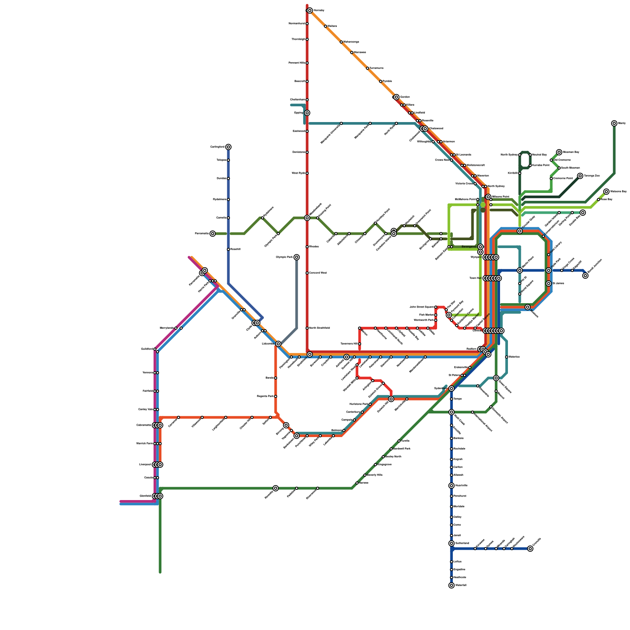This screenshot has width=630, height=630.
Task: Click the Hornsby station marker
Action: (310, 11)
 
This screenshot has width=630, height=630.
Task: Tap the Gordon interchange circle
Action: (396, 97)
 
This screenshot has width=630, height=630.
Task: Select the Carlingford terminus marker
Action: (228, 147)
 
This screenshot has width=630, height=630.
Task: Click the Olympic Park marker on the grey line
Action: (296, 258)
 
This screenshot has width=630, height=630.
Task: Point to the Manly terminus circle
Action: (614, 124)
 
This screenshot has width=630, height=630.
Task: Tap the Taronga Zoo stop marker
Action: (580, 176)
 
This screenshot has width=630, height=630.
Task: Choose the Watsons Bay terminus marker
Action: (606, 192)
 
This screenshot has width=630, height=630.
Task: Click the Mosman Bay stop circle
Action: (559, 152)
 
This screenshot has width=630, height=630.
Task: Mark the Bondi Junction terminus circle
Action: (586, 276)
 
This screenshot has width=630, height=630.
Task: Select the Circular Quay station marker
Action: (520, 231)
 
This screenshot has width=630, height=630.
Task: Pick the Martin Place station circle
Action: (520, 271)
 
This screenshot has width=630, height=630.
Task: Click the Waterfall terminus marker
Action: (452, 586)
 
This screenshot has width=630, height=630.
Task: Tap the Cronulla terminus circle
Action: (530, 549)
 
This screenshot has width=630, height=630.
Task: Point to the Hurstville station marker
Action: (452, 486)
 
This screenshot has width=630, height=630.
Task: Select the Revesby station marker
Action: (276, 488)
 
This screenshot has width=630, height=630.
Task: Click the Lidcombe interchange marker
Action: (278, 344)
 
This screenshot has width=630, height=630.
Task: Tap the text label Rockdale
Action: (460, 449)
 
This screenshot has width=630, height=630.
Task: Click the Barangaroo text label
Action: (469, 247)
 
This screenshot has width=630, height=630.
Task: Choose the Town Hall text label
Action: (476, 278)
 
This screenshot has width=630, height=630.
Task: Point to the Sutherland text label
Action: (462, 543)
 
